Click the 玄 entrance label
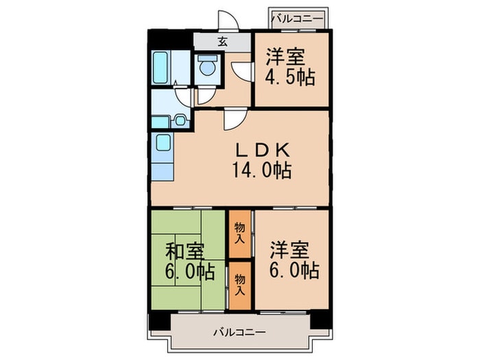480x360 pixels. point(223,42)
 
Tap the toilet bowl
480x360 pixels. point(207,67)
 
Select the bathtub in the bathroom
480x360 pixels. point(160,68)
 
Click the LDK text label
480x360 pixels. point(262,150)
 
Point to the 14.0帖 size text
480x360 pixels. point(262,170)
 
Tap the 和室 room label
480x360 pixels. point(184,251)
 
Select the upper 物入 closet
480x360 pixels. point(240,234)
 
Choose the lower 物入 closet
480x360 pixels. point(240,285)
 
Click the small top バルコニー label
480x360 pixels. point(297,19)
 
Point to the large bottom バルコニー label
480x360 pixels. point(240,332)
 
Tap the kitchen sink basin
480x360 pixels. point(163,143)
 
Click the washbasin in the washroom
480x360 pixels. point(180,121)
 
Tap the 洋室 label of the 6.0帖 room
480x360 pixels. point(289,250)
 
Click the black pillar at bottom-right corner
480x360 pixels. point(321,320)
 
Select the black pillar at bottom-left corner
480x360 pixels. point(159,321)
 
